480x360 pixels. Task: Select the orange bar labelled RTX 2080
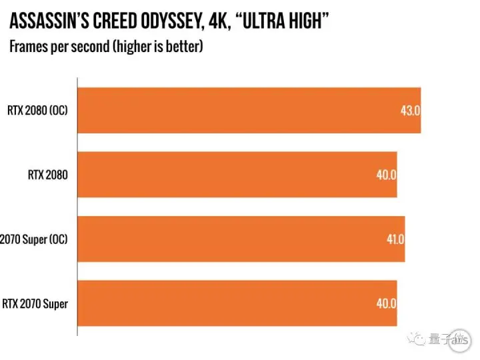(237, 175)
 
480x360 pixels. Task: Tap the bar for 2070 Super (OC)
(241, 239)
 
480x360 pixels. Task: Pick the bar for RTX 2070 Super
(237, 303)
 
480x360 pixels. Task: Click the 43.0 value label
(409, 111)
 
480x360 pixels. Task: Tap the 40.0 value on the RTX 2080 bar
(386, 175)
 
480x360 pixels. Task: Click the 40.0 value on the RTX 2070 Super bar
(386, 304)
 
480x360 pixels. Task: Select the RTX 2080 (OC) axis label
(37, 111)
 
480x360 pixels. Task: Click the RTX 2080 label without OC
(47, 175)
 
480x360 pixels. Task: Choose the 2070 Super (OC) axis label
(35, 239)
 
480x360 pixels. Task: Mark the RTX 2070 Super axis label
(35, 304)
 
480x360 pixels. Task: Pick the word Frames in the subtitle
(26, 48)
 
